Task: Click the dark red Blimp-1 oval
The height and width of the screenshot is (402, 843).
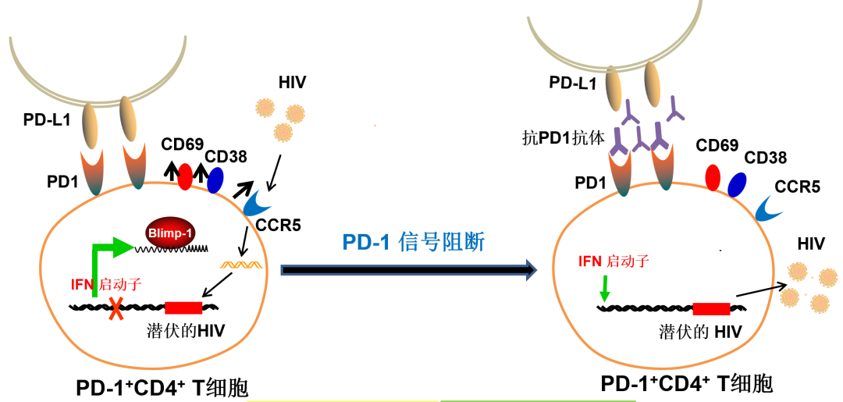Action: (x=170, y=233)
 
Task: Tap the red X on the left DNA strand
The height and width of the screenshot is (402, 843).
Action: (x=116, y=308)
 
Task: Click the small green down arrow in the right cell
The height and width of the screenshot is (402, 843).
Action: (x=605, y=288)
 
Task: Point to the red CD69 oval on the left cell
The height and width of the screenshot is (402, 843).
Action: (x=184, y=176)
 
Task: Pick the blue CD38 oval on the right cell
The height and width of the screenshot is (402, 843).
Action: (x=737, y=184)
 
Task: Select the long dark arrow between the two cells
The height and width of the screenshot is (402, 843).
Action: (x=409, y=269)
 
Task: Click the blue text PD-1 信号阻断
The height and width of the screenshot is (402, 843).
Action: (x=414, y=243)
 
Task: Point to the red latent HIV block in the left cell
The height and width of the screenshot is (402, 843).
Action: (x=183, y=308)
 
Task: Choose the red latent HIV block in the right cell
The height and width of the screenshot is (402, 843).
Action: (x=711, y=308)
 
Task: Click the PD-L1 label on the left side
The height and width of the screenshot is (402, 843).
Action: (x=48, y=120)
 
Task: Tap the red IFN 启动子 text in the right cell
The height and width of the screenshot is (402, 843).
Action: (x=614, y=261)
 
